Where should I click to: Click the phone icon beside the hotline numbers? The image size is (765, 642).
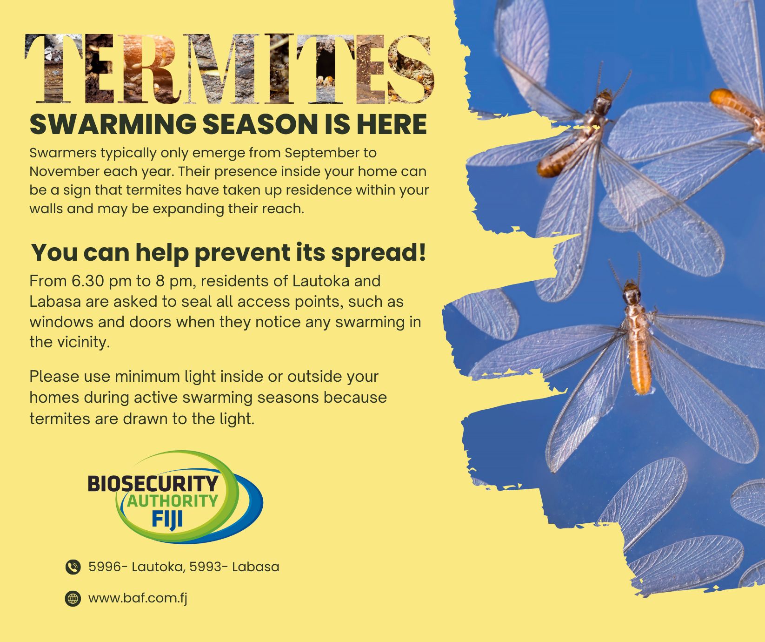tap(73, 567)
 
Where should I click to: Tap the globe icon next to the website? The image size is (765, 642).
tap(73, 599)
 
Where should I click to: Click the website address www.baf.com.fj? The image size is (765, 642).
tap(138, 598)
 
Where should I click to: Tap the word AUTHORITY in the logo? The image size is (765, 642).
tap(173, 501)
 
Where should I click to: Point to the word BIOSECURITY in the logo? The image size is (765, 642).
tap(153, 484)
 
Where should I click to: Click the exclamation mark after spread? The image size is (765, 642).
tap(422, 251)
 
